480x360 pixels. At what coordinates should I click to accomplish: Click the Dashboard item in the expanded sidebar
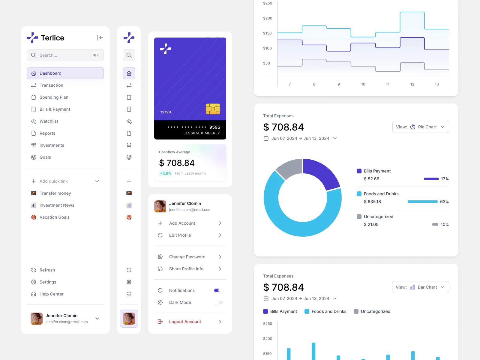pyautogui.click(x=65, y=73)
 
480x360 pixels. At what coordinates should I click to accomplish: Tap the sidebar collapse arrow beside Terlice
pyautogui.click(x=100, y=38)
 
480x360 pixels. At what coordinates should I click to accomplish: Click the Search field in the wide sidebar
pyautogui.click(x=65, y=55)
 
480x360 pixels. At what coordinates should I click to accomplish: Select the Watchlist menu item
pyautogui.click(x=49, y=121)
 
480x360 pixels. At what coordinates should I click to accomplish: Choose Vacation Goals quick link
pyautogui.click(x=54, y=217)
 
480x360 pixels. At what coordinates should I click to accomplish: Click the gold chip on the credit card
pyautogui.click(x=213, y=109)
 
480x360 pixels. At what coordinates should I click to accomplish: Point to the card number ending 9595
pyautogui.click(x=194, y=127)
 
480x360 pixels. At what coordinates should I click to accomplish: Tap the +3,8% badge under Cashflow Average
pyautogui.click(x=166, y=173)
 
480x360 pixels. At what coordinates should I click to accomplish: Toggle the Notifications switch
pyautogui.click(x=218, y=290)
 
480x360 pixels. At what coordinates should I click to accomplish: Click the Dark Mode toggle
pyautogui.click(x=218, y=302)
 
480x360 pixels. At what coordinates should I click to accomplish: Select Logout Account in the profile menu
pyautogui.click(x=185, y=322)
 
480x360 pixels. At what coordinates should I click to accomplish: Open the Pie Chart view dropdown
pyautogui.click(x=420, y=127)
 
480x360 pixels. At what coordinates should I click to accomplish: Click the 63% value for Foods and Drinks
pyautogui.click(x=444, y=202)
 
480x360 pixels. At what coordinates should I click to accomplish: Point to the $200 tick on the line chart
pyautogui.click(x=267, y=18)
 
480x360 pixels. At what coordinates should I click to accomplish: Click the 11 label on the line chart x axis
pyautogui.click(x=388, y=84)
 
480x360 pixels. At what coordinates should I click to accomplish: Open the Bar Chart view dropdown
pyautogui.click(x=420, y=287)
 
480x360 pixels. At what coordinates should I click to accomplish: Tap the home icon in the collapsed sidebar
pyautogui.click(x=129, y=73)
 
